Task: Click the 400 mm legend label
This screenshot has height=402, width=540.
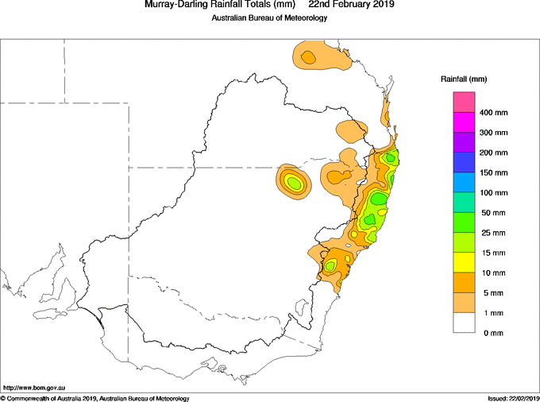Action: pos(493,113)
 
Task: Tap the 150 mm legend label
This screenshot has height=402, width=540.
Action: pos(493,172)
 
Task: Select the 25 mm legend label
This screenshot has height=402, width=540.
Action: pos(493,233)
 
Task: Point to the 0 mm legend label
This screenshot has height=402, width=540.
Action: pos(493,333)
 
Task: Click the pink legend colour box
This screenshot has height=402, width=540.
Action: pos(464,102)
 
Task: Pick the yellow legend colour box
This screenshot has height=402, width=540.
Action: pos(464,263)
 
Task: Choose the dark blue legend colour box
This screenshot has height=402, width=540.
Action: pos(464,163)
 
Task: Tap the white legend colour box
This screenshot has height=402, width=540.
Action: pos(464,323)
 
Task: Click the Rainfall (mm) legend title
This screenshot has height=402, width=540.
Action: pos(464,79)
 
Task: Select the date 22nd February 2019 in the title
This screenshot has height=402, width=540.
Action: pos(351,5)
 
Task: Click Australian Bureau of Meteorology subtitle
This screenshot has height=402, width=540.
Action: pos(269,17)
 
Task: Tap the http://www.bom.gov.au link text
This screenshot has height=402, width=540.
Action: pos(33,388)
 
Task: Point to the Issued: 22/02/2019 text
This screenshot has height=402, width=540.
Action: pos(513,399)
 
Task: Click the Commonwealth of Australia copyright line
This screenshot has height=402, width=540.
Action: pos(95,399)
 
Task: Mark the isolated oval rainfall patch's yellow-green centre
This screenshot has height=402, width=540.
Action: pos(294,182)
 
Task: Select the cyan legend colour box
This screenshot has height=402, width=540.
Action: pos(464,183)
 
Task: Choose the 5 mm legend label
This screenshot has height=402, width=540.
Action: pos(493,293)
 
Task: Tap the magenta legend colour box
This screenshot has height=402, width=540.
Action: pos(464,122)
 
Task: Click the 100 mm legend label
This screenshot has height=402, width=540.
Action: pos(493,193)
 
